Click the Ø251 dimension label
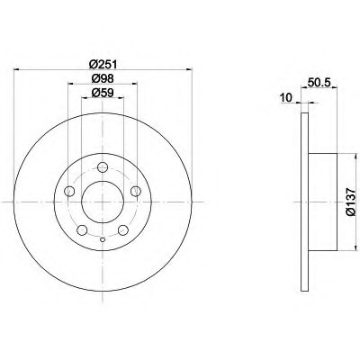pyautogui.click(x=103, y=64)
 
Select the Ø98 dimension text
pyautogui.click(x=103, y=79)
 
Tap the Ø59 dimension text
pyautogui.click(x=103, y=93)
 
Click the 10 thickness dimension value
pyautogui.click(x=285, y=97)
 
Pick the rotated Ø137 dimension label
pyautogui.click(x=350, y=202)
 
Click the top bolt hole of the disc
pyautogui.click(x=103, y=167)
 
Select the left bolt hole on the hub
pyautogui.click(x=69, y=191)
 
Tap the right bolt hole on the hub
pyautogui.click(x=136, y=191)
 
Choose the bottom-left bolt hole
pyautogui.click(x=82, y=230)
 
